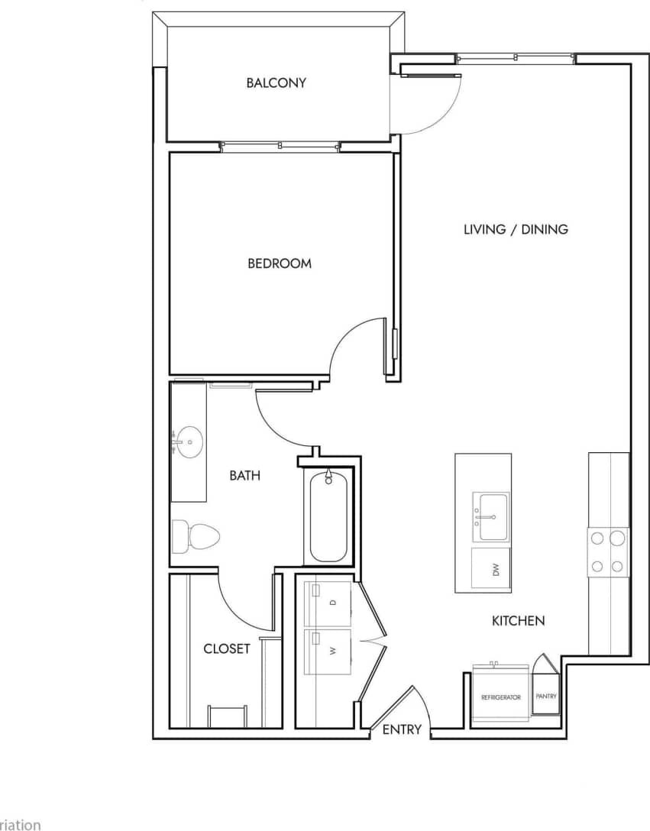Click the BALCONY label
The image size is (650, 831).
coord(276,82)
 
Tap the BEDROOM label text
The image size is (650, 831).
coord(280,264)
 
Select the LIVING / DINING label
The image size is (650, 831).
coord(516,229)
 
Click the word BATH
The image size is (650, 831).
coord(245,476)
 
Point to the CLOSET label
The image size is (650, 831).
coord(227,649)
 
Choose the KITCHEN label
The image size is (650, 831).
coord(518,621)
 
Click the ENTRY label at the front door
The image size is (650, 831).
coord(402,729)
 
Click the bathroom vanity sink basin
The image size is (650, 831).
coord(189,442)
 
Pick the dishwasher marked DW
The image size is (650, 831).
coord(490,568)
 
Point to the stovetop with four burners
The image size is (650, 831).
coord(608,551)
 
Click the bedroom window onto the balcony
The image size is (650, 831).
coord(279,147)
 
